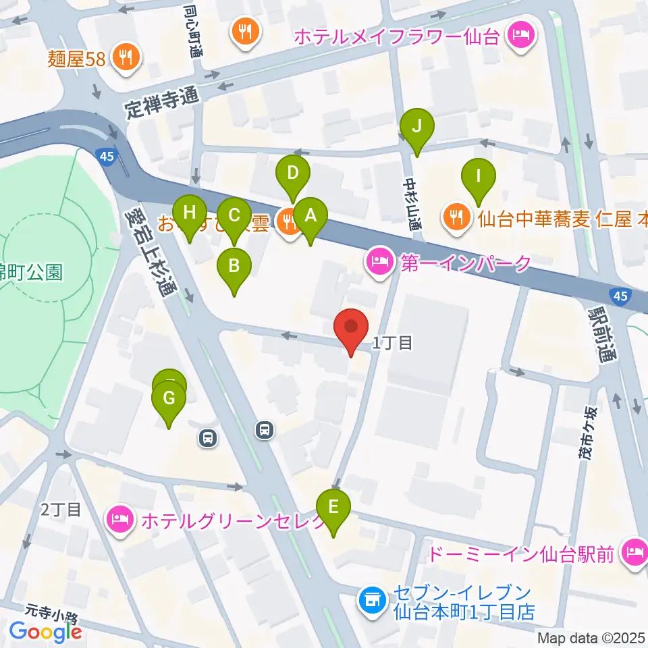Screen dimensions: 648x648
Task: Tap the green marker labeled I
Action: click(x=478, y=178)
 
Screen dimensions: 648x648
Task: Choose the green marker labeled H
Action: click(x=190, y=213)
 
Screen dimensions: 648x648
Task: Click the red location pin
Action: click(x=351, y=329)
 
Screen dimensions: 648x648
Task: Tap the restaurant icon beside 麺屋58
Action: click(x=126, y=57)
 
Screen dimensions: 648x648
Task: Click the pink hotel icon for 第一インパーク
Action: click(x=379, y=263)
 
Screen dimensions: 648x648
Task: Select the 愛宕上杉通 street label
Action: click(x=149, y=252)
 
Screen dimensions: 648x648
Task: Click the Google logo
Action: click(x=46, y=630)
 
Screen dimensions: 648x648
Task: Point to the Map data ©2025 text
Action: click(x=592, y=638)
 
